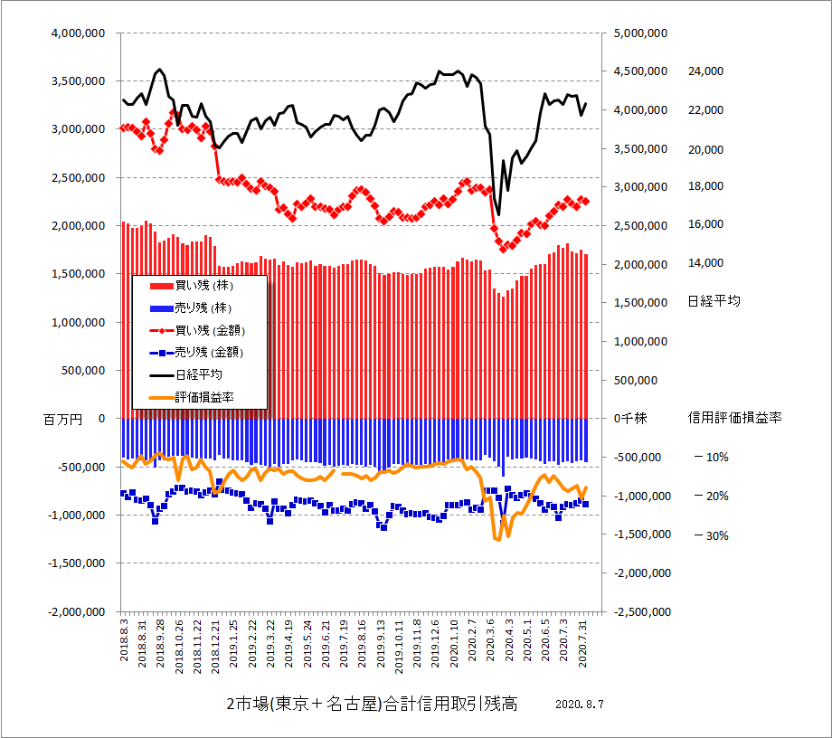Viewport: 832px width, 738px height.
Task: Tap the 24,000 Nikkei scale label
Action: pyautogui.click(x=706, y=71)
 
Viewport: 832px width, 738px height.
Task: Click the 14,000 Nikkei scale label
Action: pyautogui.click(x=706, y=263)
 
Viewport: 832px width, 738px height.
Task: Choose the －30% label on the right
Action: pyautogui.click(x=711, y=535)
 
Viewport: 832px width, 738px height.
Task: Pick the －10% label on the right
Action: pyautogui.click(x=711, y=458)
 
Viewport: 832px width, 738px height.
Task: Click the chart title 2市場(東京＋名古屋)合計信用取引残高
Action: pyautogui.click(x=372, y=705)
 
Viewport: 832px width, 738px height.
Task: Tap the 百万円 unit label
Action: pyautogui.click(x=62, y=420)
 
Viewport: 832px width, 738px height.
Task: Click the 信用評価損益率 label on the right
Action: pyautogui.click(x=734, y=419)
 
